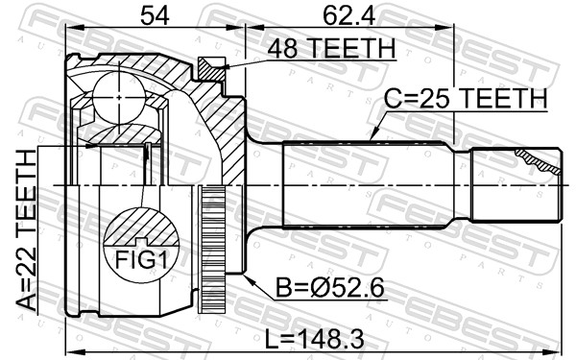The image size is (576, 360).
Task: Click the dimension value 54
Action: [155, 15]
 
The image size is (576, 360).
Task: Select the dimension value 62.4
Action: [348, 15]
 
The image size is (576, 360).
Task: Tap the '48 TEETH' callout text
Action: [331, 49]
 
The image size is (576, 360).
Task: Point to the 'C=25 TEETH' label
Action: [466, 99]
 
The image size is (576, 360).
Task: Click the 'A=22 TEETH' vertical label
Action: [27, 230]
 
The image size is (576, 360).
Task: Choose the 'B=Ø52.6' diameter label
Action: [330, 288]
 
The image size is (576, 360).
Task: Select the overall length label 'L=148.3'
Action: [315, 339]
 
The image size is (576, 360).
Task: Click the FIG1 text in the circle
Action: [141, 260]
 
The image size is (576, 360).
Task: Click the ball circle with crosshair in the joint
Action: [119, 97]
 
